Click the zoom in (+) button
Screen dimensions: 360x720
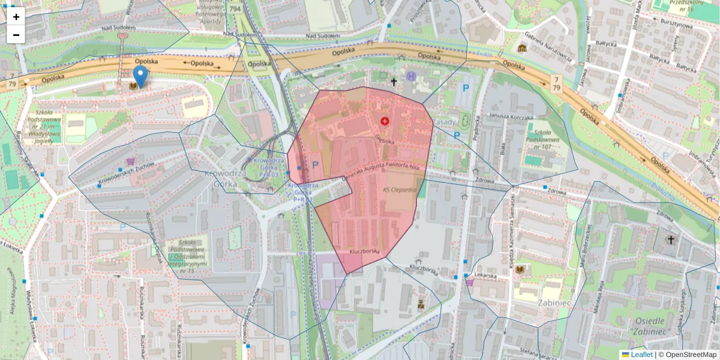[x=16, y=17]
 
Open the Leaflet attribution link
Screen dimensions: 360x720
[x=641, y=355]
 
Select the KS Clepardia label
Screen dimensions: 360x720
[x=399, y=190]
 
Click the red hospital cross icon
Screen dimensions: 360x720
[x=385, y=121]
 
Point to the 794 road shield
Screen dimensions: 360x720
[x=235, y=8]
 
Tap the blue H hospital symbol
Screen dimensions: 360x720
[x=411, y=76]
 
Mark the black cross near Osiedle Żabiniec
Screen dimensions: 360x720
[x=671, y=240]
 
